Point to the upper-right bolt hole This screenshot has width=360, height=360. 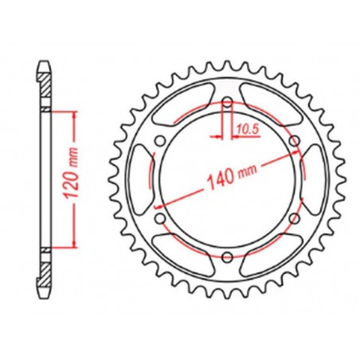294,142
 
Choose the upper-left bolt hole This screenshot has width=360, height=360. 162,142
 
